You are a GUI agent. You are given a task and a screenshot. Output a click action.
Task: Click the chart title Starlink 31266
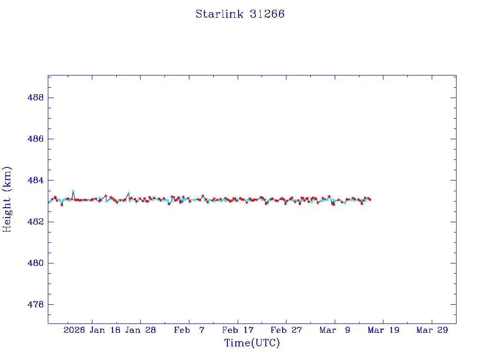coord(240,14)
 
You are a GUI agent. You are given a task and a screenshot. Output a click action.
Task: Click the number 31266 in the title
coord(267,14)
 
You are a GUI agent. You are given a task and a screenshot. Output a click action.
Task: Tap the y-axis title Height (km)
coord(7,199)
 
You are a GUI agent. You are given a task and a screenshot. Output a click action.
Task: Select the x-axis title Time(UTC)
coord(252,343)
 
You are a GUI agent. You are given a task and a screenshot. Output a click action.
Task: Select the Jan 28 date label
coord(140,330)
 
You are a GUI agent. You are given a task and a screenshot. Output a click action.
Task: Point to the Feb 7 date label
coord(189,330)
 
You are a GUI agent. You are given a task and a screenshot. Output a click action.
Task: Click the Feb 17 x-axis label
coord(238,330)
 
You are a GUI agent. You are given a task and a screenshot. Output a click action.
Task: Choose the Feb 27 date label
coord(286,330)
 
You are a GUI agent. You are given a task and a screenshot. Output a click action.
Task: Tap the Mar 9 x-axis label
coord(335,330)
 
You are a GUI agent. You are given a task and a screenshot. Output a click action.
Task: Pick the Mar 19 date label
coord(383,330)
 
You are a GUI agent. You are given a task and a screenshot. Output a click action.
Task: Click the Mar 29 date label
coord(432,330)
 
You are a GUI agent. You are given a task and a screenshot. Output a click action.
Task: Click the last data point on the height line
coord(370,199)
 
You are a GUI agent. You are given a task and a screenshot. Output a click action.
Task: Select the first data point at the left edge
coord(49,202)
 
